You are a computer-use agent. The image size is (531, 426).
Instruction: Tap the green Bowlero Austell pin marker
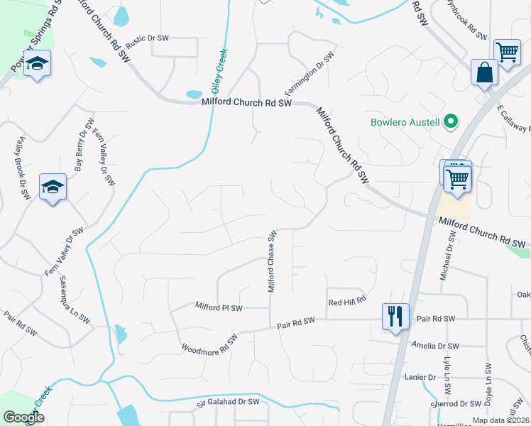point(449,122)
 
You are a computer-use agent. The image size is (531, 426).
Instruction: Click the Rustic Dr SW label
point(148,38)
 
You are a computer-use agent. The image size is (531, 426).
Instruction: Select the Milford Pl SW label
point(219,307)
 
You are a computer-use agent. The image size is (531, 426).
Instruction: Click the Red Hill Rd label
point(346,302)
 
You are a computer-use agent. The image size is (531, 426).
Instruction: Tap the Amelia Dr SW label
point(435,346)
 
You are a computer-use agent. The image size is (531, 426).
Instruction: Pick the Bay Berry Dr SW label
point(80,151)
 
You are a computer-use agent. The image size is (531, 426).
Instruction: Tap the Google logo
point(24,417)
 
